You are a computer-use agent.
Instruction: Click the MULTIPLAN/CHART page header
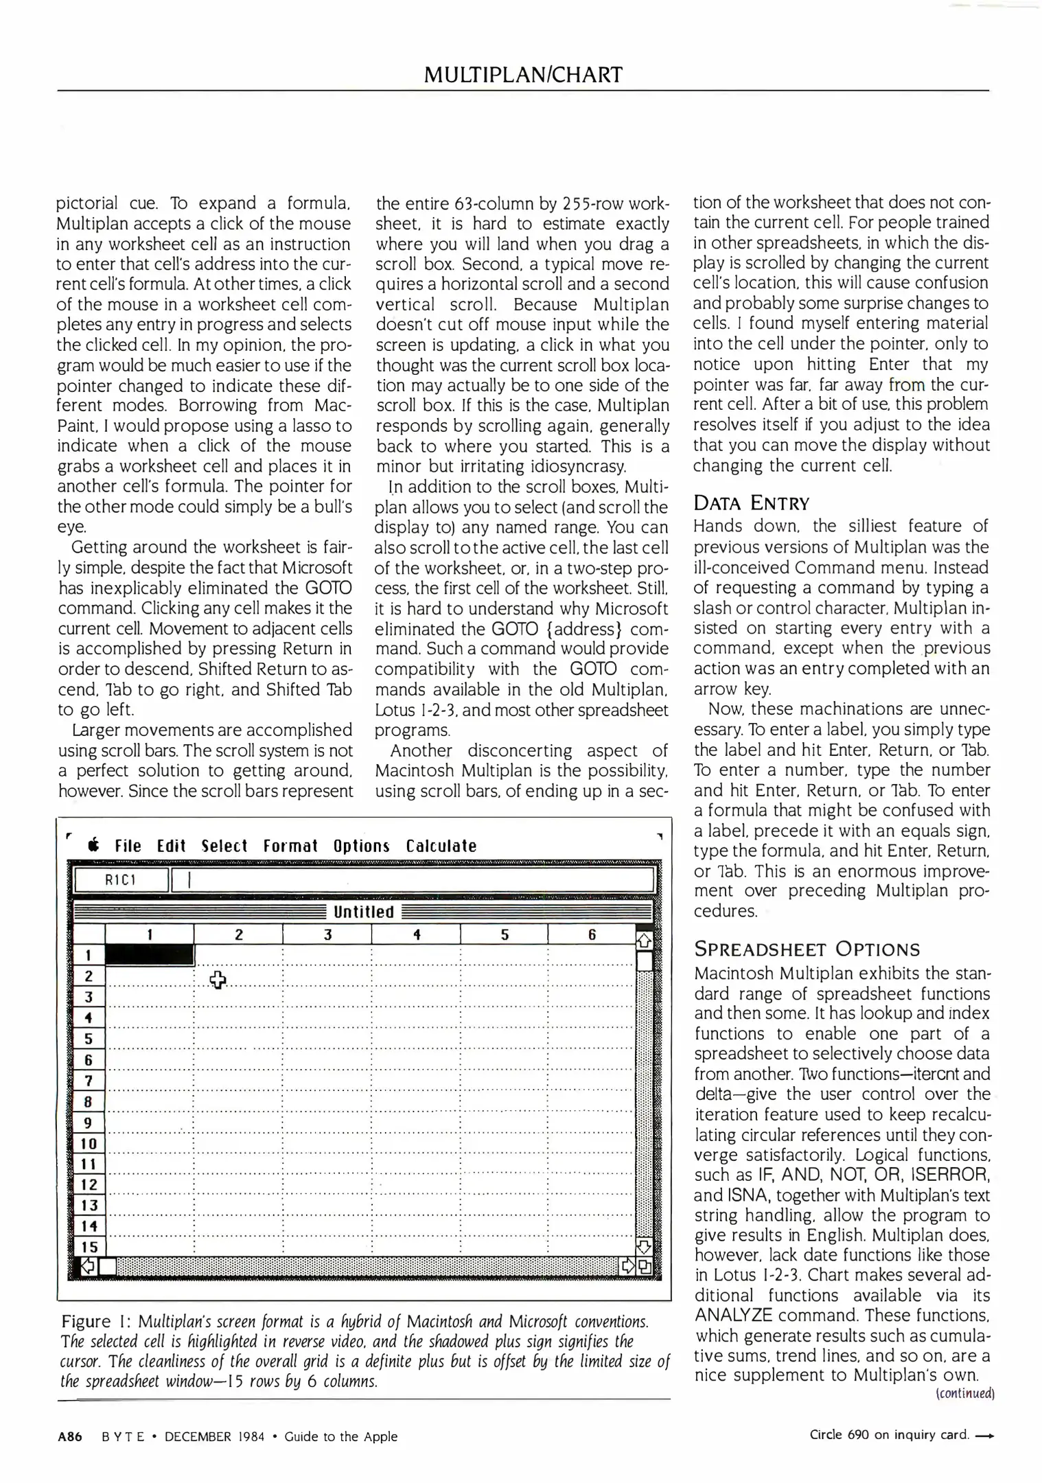pos(523,74)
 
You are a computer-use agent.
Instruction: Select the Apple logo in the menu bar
pos(93,846)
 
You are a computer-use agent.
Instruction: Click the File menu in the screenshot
pos(128,846)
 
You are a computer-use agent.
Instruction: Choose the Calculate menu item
pos(441,846)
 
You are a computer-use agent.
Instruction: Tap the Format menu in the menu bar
pos(290,846)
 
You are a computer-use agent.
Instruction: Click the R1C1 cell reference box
pos(121,880)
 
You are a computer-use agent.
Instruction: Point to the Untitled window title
pos(363,912)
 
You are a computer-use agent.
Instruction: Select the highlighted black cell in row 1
pos(150,955)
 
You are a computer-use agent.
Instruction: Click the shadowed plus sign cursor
pos(218,980)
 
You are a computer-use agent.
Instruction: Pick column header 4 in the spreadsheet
pos(416,934)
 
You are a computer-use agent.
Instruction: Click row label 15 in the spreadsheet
pos(89,1247)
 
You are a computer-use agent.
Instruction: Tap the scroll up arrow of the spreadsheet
pos(645,939)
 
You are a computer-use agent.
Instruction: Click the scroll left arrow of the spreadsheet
pos(88,1266)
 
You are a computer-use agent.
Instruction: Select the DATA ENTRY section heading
pos(751,503)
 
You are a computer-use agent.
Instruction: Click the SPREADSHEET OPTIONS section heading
pos(807,950)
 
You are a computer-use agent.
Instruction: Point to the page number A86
pos(70,1436)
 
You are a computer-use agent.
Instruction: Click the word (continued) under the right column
pos(964,1394)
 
